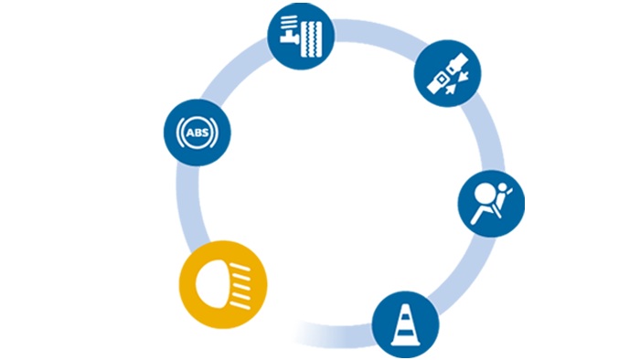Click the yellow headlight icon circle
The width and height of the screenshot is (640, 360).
pyautogui.click(x=223, y=284)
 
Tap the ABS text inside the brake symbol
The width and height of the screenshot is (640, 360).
pyautogui.click(x=197, y=132)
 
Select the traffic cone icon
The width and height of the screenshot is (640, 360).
pyautogui.click(x=406, y=325)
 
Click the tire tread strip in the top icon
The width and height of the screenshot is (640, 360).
pyautogui.click(x=312, y=39)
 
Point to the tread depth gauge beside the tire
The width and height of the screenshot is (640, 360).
pyautogui.click(x=289, y=29)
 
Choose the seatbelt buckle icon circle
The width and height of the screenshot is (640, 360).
pyautogui.click(x=447, y=73)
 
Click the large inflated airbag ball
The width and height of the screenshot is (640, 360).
pyautogui.click(x=485, y=194)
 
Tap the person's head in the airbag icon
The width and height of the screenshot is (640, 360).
pyautogui.click(x=503, y=187)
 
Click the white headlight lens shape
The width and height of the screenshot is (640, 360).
pyautogui.click(x=212, y=284)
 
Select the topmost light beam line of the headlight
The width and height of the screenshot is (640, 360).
pyautogui.click(x=240, y=268)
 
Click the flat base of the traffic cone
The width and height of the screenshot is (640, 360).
pyautogui.click(x=406, y=343)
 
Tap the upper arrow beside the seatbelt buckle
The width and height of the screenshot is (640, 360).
pyautogui.click(x=464, y=76)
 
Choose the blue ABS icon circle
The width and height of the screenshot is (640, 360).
pyautogui.click(x=197, y=132)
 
